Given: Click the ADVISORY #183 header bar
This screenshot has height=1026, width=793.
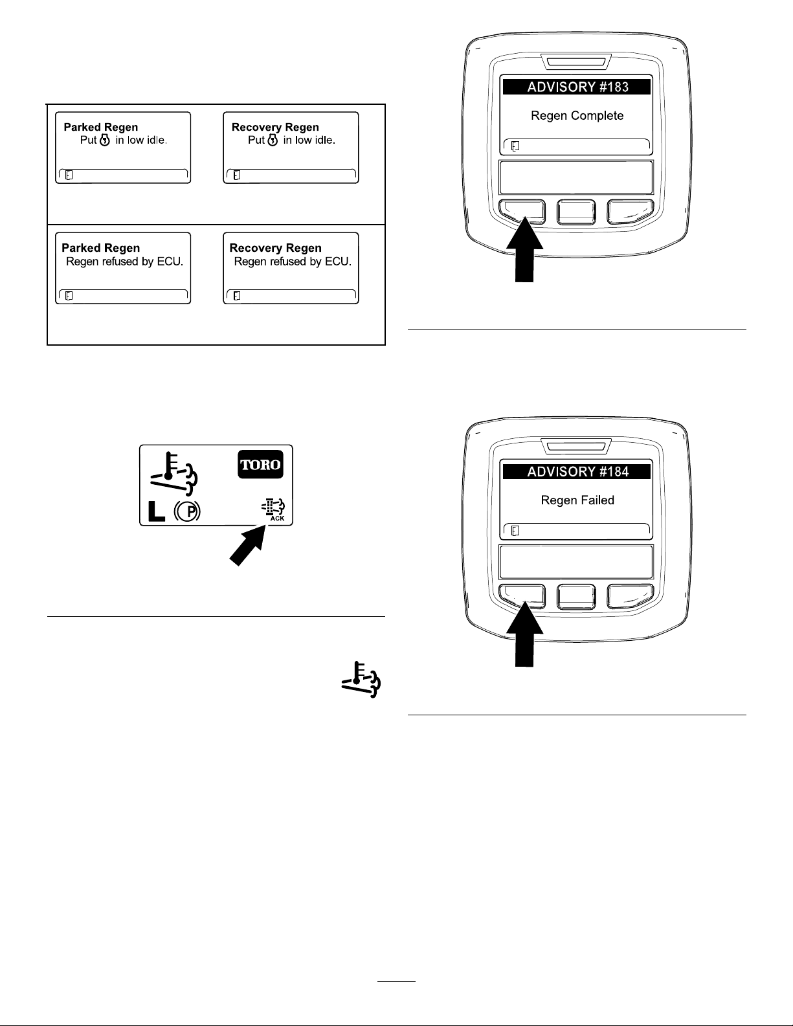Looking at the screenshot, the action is (x=576, y=87).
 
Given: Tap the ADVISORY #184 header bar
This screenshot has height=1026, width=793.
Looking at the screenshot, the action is (x=576, y=472).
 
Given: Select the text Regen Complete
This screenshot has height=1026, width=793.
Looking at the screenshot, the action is (x=577, y=116).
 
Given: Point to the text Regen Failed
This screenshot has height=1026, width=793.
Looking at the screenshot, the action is (x=577, y=500).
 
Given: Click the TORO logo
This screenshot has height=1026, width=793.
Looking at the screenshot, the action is (x=260, y=464).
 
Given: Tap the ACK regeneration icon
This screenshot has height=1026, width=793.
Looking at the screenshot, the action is (x=274, y=510).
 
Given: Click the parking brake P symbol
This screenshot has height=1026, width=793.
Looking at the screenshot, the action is (x=187, y=511).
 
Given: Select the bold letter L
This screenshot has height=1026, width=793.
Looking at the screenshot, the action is (x=157, y=511).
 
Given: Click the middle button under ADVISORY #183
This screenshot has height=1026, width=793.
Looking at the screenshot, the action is (x=576, y=212).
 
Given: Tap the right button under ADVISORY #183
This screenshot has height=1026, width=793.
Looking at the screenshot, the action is (x=630, y=211).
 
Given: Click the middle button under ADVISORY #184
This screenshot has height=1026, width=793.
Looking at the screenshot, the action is (x=576, y=597).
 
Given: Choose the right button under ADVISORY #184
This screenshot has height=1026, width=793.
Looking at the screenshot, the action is (x=630, y=596).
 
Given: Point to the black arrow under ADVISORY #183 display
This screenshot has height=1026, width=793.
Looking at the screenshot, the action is (x=524, y=249).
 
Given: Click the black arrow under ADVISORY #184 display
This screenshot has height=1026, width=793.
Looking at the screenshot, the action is (x=524, y=634).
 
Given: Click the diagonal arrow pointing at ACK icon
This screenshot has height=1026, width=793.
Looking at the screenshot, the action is (x=247, y=545).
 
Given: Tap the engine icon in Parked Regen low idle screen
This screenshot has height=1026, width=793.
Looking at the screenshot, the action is (x=105, y=140).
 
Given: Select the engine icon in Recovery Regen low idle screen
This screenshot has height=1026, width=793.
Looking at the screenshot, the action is (x=273, y=140).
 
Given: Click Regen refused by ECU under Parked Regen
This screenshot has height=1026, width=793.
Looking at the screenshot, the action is (x=124, y=262).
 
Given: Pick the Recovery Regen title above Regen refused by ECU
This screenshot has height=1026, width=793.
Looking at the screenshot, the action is (x=275, y=248).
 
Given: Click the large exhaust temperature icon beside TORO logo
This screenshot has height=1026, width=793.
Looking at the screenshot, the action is (x=173, y=474).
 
